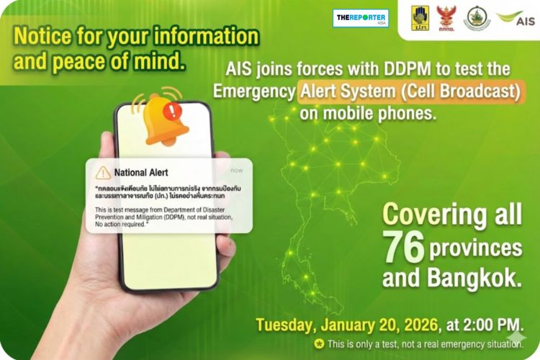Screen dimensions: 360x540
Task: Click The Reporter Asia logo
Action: tap(360, 18)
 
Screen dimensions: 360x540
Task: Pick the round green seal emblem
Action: tap(476, 18)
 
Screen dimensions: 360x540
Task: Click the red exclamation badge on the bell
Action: tap(172, 112)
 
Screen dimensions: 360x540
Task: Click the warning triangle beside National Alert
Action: tap(104, 172)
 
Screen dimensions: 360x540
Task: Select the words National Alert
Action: tap(140, 173)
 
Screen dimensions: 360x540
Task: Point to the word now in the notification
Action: tap(237, 171)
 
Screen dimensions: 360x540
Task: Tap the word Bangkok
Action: tap(484, 279)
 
